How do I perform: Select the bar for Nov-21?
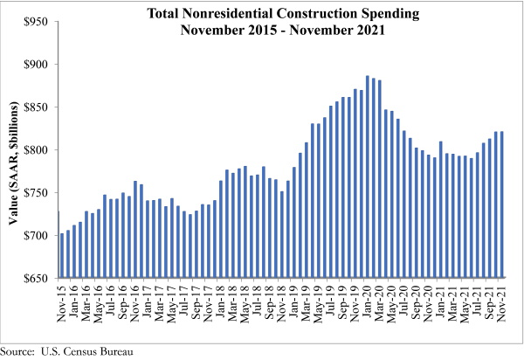click(x=502, y=205)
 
